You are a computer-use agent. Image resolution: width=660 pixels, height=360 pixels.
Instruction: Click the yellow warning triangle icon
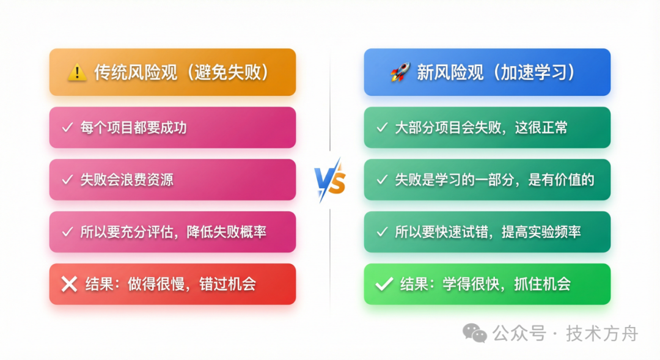click(x=76, y=73)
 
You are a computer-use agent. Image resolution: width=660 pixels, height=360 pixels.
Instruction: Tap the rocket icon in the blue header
click(x=400, y=73)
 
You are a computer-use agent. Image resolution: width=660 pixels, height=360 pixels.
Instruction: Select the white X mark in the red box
click(x=70, y=284)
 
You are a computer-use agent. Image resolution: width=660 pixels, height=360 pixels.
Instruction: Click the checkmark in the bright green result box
click(x=384, y=284)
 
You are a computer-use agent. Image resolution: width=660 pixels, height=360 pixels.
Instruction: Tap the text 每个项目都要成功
click(x=133, y=128)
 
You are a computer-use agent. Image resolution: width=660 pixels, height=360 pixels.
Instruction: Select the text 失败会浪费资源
click(x=127, y=180)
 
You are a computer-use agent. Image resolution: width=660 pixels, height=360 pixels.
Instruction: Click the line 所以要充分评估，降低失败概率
click(x=173, y=232)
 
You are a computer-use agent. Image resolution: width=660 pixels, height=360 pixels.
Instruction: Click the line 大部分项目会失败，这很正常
click(x=481, y=128)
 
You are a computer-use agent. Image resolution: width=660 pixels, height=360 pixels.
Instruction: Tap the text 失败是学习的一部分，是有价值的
click(x=494, y=180)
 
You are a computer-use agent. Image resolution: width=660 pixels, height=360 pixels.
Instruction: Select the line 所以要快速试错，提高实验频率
click(x=488, y=232)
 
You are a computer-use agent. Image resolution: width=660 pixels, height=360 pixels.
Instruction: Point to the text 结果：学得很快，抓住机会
click(x=485, y=284)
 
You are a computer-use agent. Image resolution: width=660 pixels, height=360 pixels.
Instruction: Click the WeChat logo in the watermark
click(x=475, y=333)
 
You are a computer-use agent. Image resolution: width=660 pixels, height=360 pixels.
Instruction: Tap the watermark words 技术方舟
click(x=602, y=334)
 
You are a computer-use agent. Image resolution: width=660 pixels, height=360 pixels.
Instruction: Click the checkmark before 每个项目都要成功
click(x=67, y=128)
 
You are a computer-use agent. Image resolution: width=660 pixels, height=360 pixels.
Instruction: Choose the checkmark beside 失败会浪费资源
click(x=67, y=180)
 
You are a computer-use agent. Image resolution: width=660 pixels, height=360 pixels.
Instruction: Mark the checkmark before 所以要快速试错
click(x=382, y=232)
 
